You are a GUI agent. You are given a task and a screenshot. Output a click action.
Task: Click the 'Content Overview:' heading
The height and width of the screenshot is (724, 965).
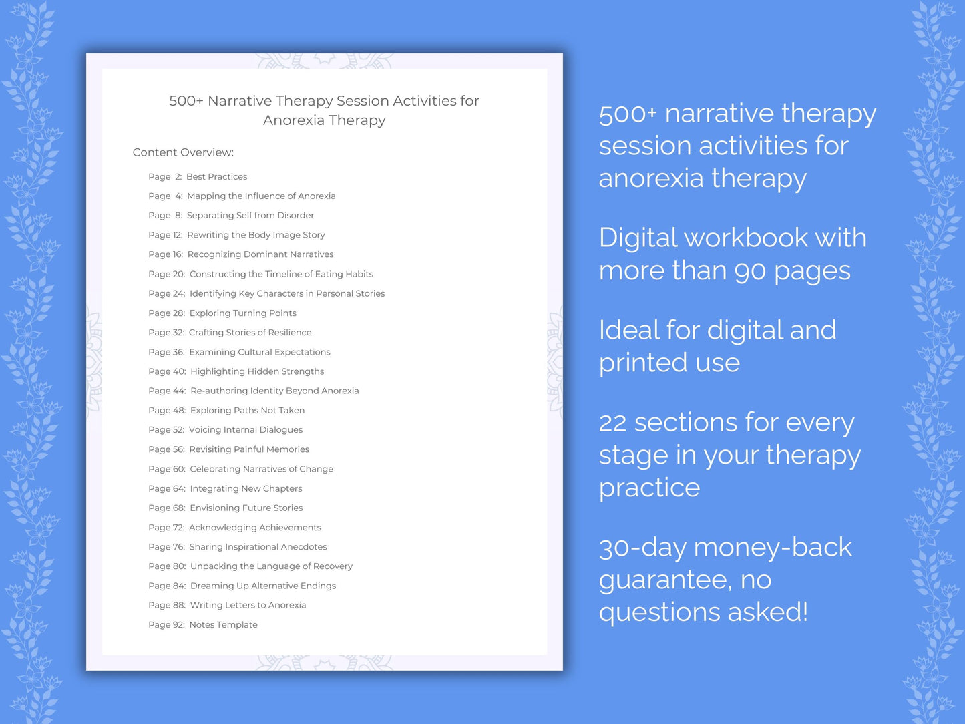point(183,152)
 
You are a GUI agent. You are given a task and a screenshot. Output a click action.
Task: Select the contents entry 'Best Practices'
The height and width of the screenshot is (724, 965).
point(216,176)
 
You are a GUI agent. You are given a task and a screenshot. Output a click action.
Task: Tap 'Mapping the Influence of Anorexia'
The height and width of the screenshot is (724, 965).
point(261,196)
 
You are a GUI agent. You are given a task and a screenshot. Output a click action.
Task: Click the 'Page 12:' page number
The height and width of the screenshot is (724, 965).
point(166,235)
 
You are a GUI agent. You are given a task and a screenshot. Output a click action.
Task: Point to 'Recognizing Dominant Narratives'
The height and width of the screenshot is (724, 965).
point(260,254)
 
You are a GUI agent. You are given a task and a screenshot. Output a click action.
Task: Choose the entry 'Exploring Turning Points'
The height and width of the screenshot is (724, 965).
point(242,313)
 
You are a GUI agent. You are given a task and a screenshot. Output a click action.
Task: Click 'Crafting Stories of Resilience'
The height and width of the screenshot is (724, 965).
point(250,332)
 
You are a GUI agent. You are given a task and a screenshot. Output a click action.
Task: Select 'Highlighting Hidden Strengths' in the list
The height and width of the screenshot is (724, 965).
point(257,371)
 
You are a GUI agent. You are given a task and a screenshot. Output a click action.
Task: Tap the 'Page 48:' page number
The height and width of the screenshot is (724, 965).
point(167,410)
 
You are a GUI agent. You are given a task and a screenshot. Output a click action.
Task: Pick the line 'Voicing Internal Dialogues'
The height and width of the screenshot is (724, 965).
point(245,429)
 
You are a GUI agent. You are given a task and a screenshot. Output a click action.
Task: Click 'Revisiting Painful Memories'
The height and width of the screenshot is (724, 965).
point(249,449)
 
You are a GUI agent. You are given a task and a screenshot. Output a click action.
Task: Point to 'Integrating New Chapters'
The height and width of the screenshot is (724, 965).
point(246,488)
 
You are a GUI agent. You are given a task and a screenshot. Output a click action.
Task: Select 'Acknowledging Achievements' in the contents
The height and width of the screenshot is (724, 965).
point(254,528)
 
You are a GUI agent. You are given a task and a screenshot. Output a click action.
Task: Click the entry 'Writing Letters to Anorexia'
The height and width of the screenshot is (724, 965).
point(248,605)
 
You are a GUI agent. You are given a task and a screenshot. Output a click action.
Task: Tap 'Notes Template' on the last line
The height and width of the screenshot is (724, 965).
point(223,624)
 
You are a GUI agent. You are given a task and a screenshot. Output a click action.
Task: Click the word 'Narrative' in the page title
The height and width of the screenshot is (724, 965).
point(240,101)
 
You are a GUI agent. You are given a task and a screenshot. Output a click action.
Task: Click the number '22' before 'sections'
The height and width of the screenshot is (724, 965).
point(612,423)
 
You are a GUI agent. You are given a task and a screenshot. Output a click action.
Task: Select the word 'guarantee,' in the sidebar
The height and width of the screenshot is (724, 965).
point(665,580)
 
